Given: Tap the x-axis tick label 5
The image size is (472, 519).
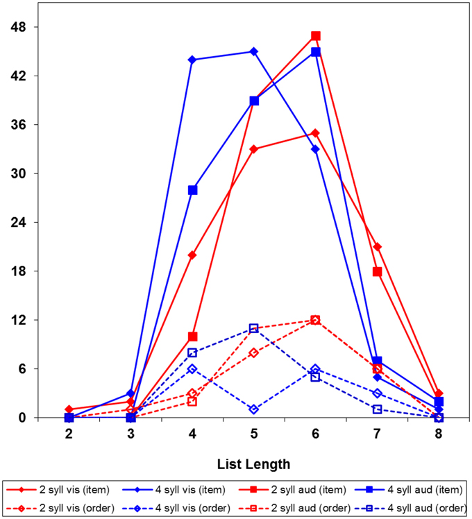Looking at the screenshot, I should tap(254, 434).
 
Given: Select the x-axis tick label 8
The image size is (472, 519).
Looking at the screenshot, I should tap(439, 434).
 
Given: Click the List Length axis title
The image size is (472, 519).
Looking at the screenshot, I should tap(253, 463).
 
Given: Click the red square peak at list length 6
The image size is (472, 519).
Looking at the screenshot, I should tap(316, 35).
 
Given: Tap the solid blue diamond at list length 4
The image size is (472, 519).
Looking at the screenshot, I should tap(192, 60).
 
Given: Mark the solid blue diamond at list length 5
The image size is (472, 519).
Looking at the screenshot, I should tap(254, 51).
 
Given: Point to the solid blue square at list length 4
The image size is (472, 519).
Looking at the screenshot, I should tap(192, 189).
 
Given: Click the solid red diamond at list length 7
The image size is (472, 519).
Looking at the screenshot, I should tap(377, 247).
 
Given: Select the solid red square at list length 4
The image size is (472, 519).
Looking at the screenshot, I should tap(192, 337).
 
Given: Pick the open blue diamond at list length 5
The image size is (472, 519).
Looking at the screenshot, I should tap(254, 409).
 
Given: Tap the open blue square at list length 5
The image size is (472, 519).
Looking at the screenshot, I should tap(254, 328).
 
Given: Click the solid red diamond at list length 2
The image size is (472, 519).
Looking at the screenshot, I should tap(69, 409).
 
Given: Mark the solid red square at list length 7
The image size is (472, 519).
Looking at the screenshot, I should tap(377, 271).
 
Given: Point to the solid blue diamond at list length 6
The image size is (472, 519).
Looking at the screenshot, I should tap(316, 149).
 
